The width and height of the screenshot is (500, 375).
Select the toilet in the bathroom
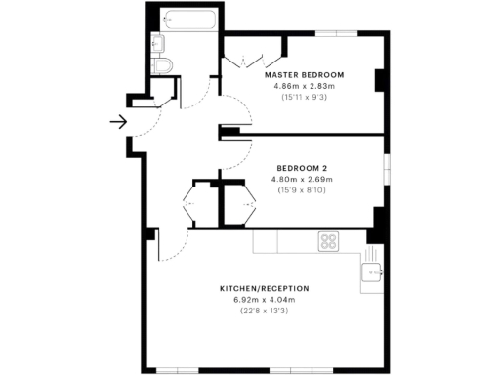point(163,64)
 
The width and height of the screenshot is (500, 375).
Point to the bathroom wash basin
point(159,42)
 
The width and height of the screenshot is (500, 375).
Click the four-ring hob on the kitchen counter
point(329,241)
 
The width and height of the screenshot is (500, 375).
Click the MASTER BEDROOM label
point(305,75)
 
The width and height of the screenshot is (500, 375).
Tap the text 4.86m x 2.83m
point(305,86)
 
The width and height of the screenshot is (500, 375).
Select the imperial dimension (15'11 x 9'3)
point(305,97)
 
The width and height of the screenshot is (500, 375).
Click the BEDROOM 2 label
point(303,168)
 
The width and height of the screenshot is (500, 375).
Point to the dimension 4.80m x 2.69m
point(303,180)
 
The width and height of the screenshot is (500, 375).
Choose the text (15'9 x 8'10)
point(303,190)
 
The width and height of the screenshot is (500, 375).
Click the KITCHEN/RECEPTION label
point(265,289)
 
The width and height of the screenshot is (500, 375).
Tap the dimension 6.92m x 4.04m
point(265,300)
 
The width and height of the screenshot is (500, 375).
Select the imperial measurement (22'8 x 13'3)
point(265,311)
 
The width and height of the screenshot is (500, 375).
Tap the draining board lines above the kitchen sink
point(372,252)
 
